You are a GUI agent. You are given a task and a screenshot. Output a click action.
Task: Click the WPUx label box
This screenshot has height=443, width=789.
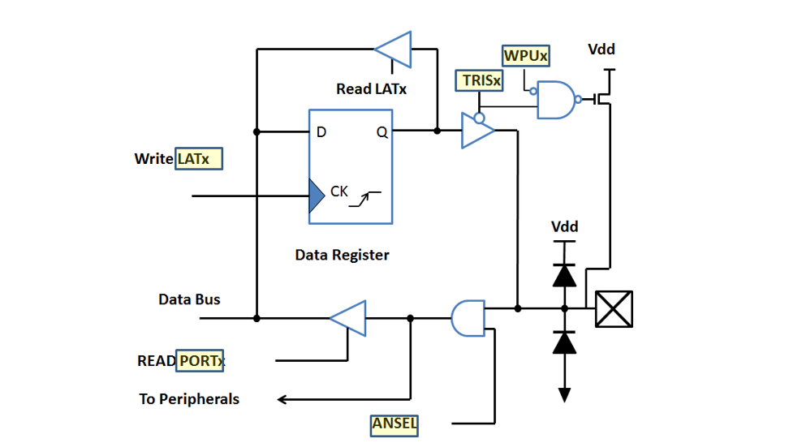tap(526, 56)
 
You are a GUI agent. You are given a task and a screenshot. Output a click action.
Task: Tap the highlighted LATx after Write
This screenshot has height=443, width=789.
tap(199, 159)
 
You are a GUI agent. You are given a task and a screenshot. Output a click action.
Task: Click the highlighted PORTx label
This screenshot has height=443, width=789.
tap(200, 360)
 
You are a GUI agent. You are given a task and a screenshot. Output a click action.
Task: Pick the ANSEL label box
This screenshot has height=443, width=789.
tap(394, 423)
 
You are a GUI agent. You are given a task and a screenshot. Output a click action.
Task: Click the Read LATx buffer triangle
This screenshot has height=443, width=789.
tap(394, 49)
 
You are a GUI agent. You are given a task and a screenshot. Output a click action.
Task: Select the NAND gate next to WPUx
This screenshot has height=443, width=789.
tap(556, 100)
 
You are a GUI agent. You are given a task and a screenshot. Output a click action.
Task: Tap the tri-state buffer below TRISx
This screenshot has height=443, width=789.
tap(477, 131)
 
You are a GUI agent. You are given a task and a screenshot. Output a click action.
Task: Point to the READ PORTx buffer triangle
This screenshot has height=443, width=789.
tap(349, 318)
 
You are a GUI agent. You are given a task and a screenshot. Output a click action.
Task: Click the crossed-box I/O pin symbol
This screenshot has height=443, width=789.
tap(614, 309)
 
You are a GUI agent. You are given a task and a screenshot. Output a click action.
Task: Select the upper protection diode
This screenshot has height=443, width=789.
tap(564, 275)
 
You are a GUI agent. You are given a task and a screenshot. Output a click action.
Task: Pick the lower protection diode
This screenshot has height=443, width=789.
tap(564, 342)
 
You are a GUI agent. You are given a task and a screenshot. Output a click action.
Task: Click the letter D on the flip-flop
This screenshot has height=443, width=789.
tap(321, 132)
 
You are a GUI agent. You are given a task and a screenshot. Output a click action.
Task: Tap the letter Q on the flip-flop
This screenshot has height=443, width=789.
tap(382, 132)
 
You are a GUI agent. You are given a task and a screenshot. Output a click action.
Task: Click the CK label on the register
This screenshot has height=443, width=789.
tap(338, 192)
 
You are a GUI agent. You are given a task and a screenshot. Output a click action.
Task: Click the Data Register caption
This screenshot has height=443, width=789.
tap(342, 256)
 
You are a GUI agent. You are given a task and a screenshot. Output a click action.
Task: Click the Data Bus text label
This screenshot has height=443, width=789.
tap(189, 299)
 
